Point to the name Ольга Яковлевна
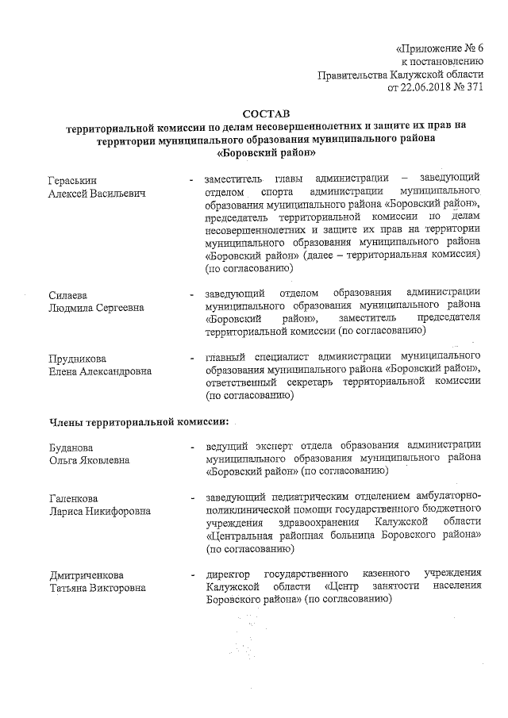tap(89, 459)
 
